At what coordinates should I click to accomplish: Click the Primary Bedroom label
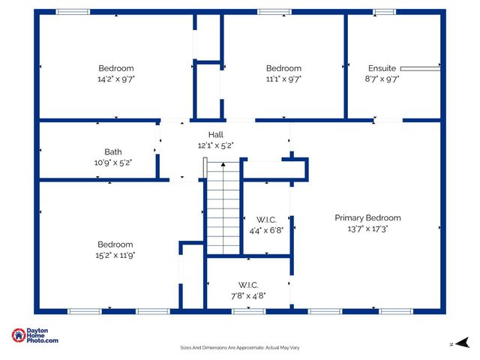(x=367, y=218)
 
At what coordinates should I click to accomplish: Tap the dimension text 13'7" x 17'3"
(x=367, y=229)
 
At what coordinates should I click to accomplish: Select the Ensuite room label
(x=382, y=68)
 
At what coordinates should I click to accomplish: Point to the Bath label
(x=113, y=151)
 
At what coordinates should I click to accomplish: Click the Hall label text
(x=215, y=135)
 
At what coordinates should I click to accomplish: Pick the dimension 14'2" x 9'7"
(x=115, y=79)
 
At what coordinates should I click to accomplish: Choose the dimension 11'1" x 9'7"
(x=283, y=79)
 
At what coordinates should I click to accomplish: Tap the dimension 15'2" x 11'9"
(x=115, y=255)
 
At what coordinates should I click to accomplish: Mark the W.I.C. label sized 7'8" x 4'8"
(x=248, y=285)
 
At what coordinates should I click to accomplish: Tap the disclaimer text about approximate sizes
(x=240, y=348)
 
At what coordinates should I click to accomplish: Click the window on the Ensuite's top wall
(x=384, y=12)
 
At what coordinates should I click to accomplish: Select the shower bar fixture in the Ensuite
(x=425, y=68)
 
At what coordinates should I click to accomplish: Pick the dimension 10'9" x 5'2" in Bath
(x=113, y=162)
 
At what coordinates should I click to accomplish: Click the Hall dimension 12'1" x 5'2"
(x=215, y=145)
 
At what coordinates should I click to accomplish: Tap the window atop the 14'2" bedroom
(x=73, y=12)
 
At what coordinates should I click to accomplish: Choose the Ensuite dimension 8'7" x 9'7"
(x=382, y=79)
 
